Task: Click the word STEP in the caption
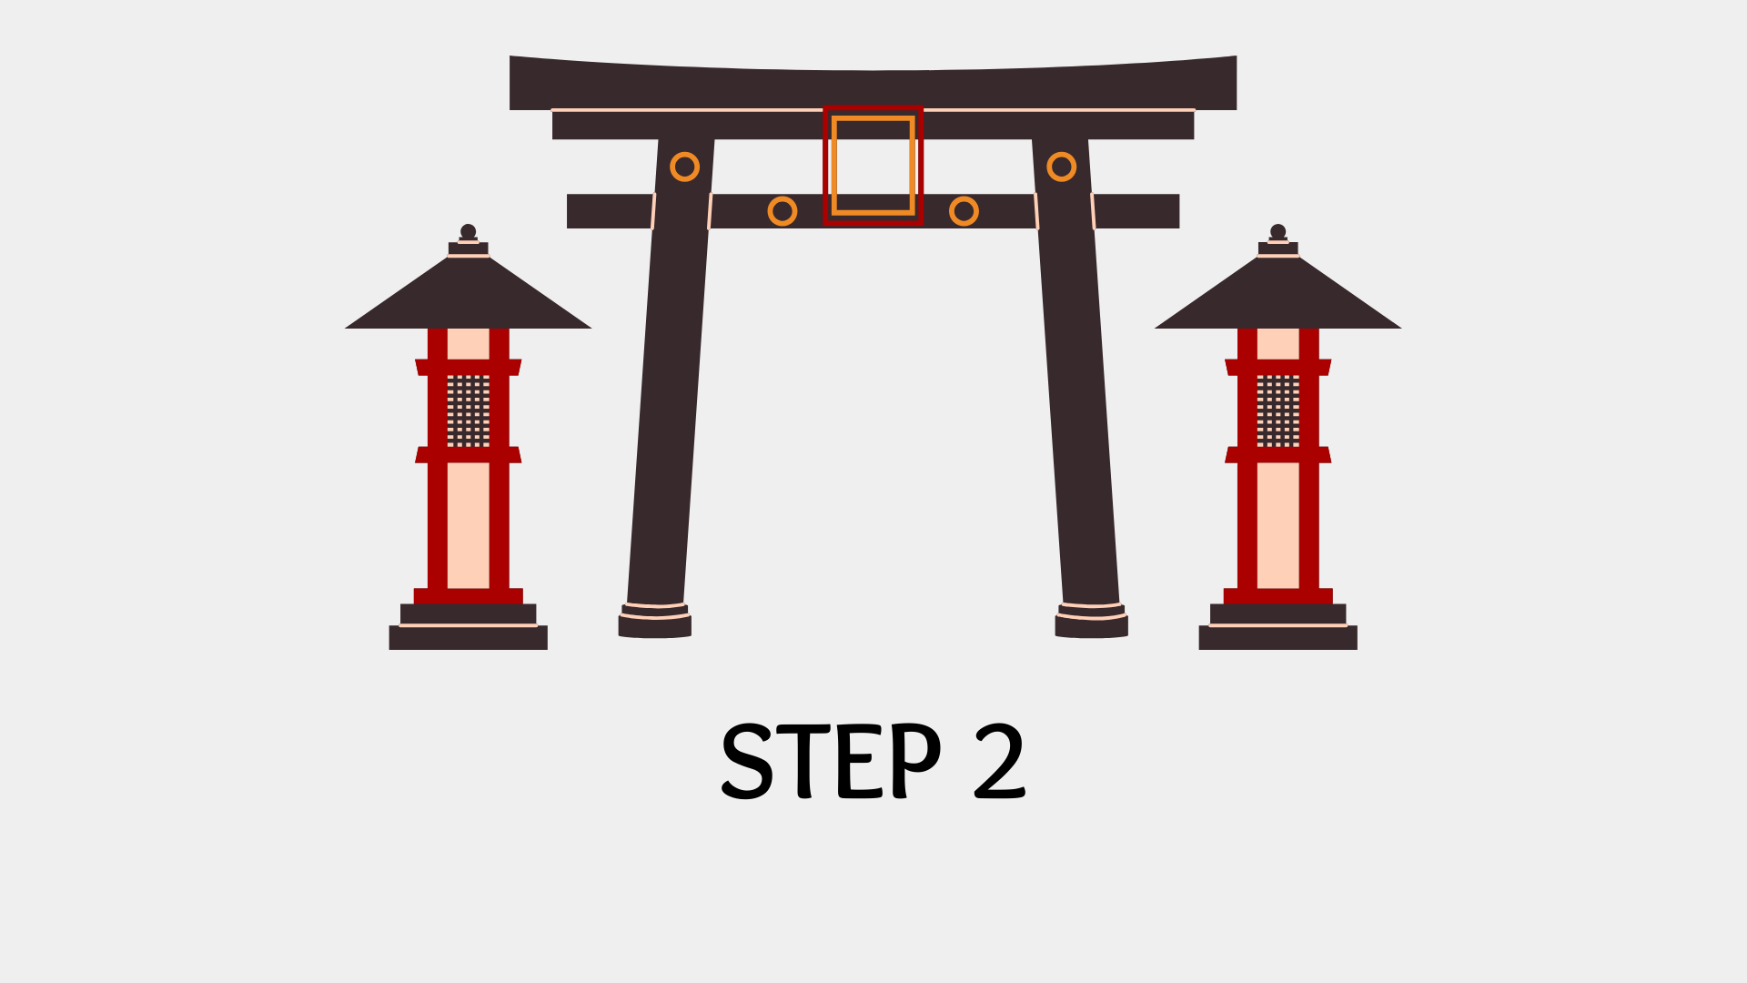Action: click(831, 761)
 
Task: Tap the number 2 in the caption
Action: click(999, 761)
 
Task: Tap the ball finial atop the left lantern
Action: click(468, 231)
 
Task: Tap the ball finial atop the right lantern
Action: click(1277, 231)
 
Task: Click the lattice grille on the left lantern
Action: click(468, 410)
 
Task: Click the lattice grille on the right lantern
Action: click(1277, 410)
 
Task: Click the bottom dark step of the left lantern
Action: click(468, 638)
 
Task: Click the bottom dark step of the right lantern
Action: click(1277, 638)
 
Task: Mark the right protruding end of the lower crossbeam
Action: click(1136, 211)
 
